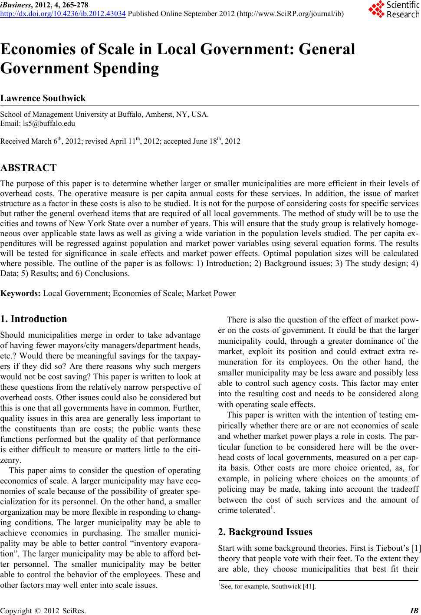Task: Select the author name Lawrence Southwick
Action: point(43,98)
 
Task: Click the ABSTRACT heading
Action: point(29,168)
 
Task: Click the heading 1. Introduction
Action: point(34,319)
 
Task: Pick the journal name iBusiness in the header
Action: point(14,5)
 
